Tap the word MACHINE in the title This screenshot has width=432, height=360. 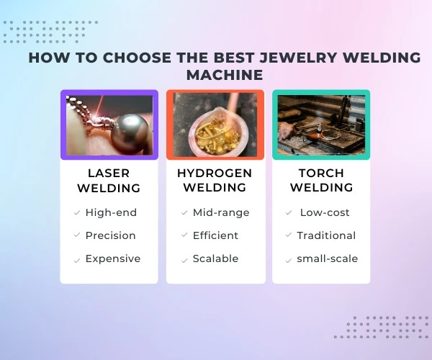coord(224,75)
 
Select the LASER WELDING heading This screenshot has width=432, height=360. coord(109,180)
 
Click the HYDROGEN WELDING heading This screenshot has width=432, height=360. coord(215,180)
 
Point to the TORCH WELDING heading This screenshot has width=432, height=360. coord(321,180)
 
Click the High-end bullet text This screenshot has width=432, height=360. coord(111,212)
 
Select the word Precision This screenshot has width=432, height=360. coord(110,235)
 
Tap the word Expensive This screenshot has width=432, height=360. coord(113,258)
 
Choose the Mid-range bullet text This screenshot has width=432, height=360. coord(221,212)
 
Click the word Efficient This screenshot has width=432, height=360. coord(217,235)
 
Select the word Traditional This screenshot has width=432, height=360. coord(326,235)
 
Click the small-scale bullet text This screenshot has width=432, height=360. coord(328,258)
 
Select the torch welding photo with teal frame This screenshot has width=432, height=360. coord(321,125)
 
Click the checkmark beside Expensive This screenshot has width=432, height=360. coord(76,259)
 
